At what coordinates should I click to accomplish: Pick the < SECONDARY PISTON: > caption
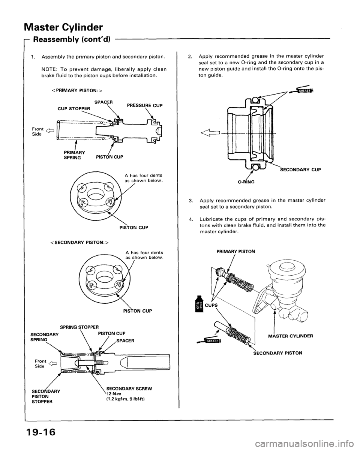tap(86, 243)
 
